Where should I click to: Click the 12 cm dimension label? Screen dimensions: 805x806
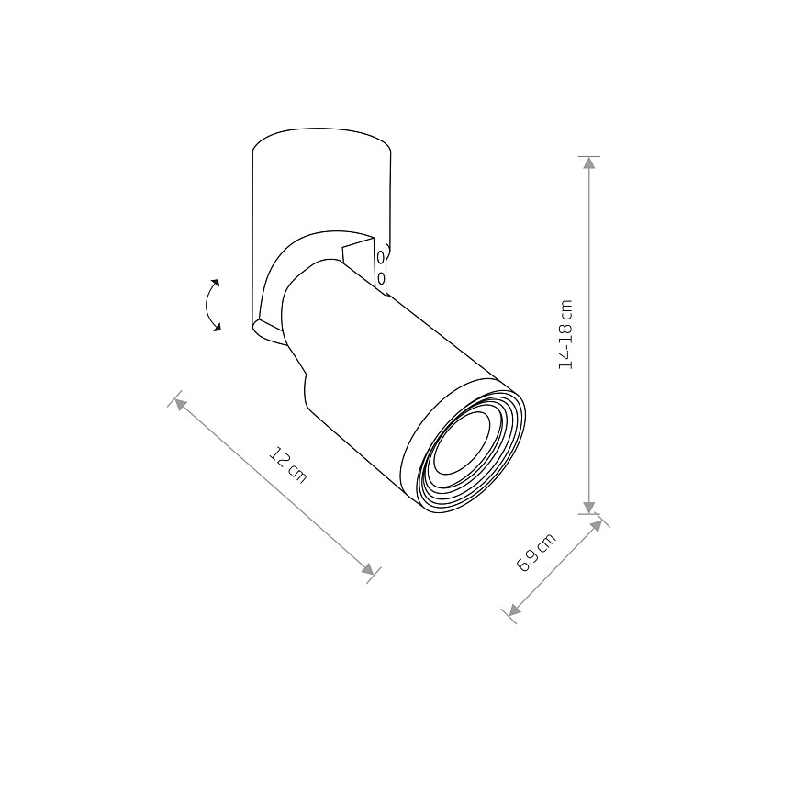(x=288, y=465)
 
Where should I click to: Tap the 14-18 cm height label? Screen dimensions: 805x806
(x=565, y=334)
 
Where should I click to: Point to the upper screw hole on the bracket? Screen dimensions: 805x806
(x=381, y=256)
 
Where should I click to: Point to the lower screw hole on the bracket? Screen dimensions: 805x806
(x=381, y=278)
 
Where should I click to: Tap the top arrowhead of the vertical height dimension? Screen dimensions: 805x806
(x=589, y=162)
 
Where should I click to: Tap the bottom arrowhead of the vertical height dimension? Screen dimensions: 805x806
(x=589, y=507)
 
